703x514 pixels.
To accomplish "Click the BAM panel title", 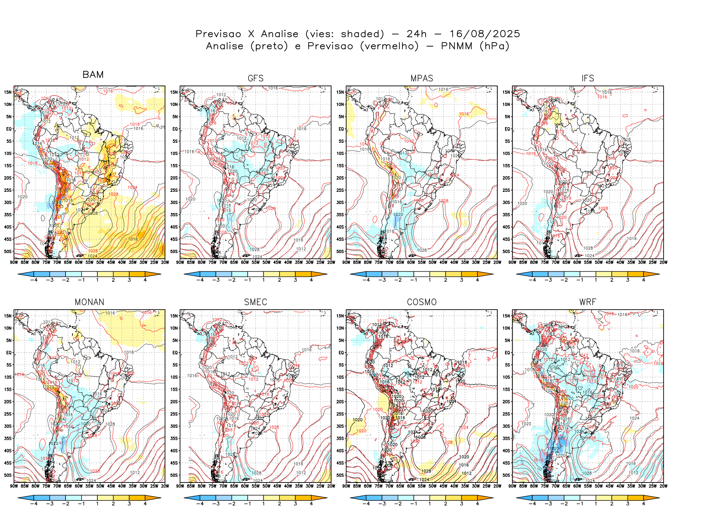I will [93, 74].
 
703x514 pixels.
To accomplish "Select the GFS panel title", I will [256, 78].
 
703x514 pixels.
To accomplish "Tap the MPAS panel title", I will [422, 78].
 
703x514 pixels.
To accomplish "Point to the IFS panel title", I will [588, 78].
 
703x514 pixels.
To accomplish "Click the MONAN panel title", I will [89, 302].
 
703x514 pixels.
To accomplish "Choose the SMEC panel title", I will [256, 302].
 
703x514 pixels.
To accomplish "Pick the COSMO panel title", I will [422, 302].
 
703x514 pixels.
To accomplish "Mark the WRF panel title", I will [588, 302].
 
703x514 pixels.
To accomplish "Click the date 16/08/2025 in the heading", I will [485, 34].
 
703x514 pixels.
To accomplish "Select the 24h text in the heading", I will [417, 34].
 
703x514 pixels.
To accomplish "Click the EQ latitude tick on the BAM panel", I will [9, 129].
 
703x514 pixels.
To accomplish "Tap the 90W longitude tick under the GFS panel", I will [180, 262].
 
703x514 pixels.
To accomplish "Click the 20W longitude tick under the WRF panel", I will [663, 486].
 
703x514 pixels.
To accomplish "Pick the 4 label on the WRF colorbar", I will [644, 504].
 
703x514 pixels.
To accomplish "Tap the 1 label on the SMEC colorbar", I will [263, 504].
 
